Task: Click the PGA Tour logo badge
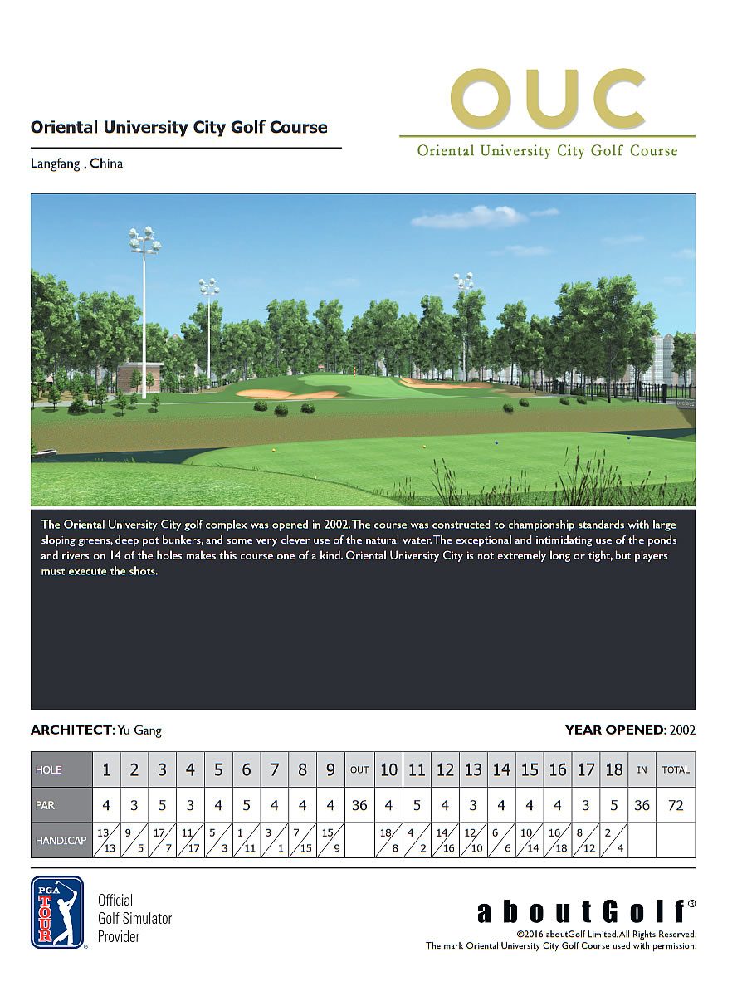tap(57, 912)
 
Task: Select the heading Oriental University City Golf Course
tap(179, 128)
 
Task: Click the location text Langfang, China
tap(76, 164)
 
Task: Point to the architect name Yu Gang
tap(139, 730)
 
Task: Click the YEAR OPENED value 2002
tap(681, 730)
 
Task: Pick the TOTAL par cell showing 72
tap(676, 805)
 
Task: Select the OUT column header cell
tap(359, 769)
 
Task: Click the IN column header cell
tap(642, 769)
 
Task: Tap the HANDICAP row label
tap(61, 840)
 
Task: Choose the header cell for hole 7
tap(275, 769)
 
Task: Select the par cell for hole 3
tap(163, 805)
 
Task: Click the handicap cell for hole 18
tap(613, 840)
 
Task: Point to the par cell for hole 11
tap(417, 805)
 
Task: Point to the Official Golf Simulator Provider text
tap(134, 918)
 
